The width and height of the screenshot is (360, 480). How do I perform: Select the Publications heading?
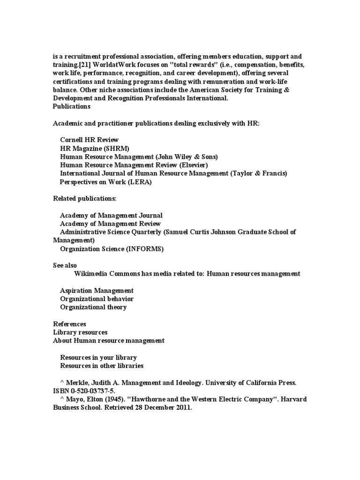pos(71,106)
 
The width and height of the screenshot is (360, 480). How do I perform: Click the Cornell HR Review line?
pos(89,140)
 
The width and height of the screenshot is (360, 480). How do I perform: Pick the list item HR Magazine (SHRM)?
pos(94,148)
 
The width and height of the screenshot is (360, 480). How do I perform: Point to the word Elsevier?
pos(192,165)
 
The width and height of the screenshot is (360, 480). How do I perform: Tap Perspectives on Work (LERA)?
pos(105,182)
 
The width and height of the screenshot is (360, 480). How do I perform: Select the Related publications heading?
pos(84,199)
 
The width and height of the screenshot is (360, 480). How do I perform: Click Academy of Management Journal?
pos(111,216)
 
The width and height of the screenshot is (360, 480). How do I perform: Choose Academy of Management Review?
pos(110,224)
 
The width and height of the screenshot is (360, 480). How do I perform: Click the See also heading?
pos(65,265)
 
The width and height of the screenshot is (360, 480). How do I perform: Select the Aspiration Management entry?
pos(97,291)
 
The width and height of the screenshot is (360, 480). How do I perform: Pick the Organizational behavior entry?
pos(97,299)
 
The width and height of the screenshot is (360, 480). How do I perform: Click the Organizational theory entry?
pos(93,307)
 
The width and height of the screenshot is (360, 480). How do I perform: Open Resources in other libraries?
pos(102,366)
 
